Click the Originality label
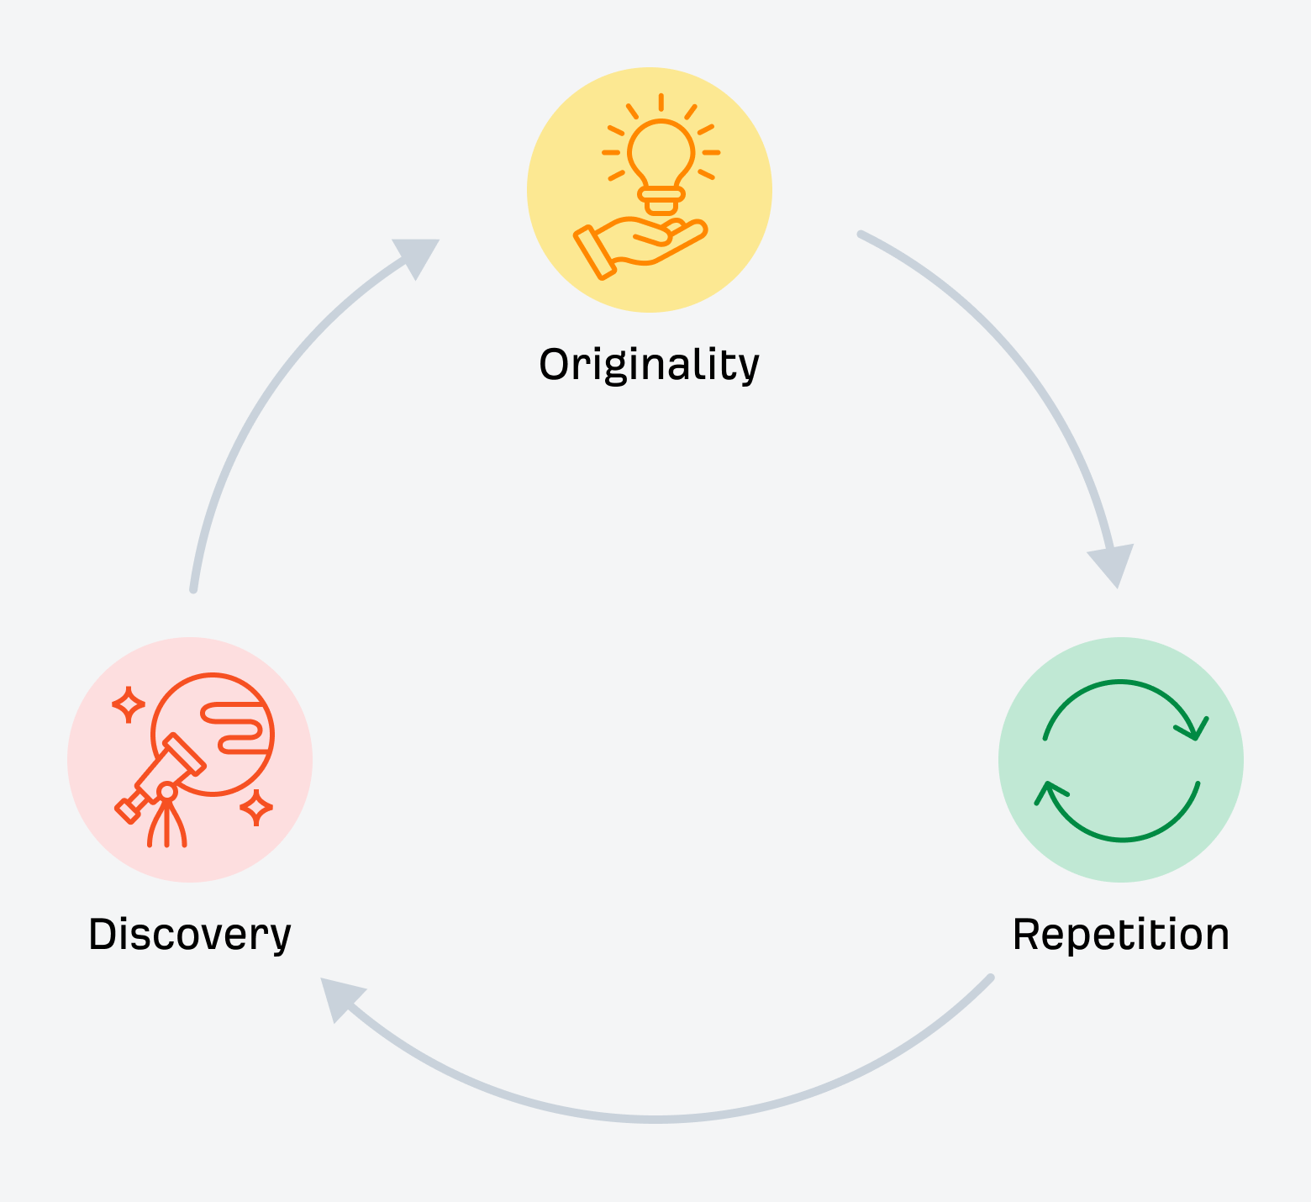tap(649, 365)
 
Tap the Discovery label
tap(190, 935)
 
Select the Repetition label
tap(1120, 935)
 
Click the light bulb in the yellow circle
tap(661, 160)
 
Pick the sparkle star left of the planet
tap(129, 704)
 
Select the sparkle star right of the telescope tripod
tap(256, 807)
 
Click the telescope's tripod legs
tap(167, 824)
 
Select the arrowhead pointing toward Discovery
tap(338, 997)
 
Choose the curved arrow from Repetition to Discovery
tap(657, 1119)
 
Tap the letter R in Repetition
tap(1028, 935)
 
